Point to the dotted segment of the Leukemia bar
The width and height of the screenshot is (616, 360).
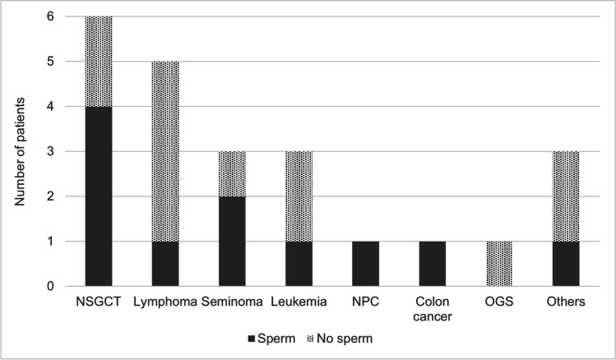point(295,196)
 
